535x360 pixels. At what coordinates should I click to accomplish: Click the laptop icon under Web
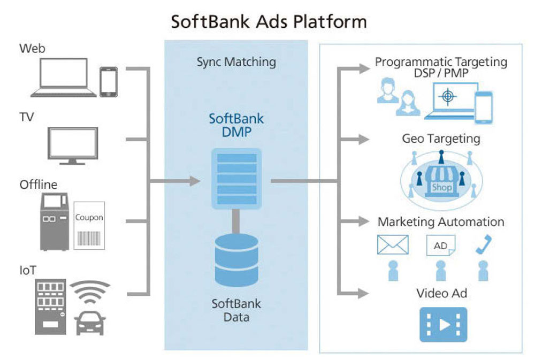(x=63, y=78)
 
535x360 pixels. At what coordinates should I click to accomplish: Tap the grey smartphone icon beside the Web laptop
(x=109, y=82)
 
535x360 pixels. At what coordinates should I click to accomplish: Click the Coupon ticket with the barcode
(x=89, y=226)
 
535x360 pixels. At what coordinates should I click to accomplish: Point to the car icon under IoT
(x=90, y=323)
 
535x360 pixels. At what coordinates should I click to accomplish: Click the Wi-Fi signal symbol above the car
(x=90, y=292)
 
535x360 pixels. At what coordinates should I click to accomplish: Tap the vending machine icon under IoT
(x=50, y=307)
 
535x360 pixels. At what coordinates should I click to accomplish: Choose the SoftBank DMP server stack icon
(x=236, y=179)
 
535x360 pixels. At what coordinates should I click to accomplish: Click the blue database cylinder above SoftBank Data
(x=236, y=260)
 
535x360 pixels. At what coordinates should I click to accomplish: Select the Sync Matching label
(x=236, y=62)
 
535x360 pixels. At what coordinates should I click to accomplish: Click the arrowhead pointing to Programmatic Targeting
(x=364, y=68)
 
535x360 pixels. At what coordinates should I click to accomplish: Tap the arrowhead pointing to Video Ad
(x=363, y=293)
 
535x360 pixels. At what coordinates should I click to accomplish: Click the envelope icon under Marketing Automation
(x=393, y=244)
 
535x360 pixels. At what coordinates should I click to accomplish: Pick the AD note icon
(x=440, y=246)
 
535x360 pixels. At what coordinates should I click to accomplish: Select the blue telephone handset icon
(x=484, y=244)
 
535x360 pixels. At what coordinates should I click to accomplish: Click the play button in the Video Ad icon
(x=444, y=325)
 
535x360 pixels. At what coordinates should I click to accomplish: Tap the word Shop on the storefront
(x=442, y=187)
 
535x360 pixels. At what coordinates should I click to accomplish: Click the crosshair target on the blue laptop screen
(x=448, y=96)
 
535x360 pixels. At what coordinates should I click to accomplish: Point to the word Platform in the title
(x=330, y=22)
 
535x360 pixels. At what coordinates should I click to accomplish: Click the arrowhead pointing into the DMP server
(x=195, y=181)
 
